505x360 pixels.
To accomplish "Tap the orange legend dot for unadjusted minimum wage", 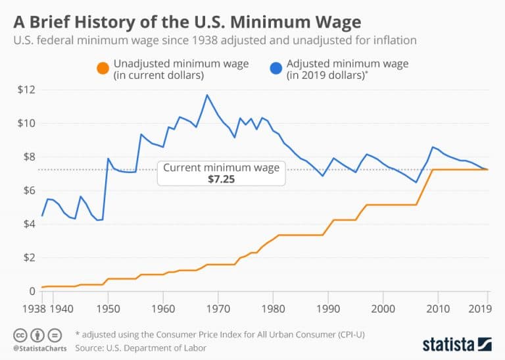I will (x=102, y=68).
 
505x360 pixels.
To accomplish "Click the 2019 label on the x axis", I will (x=483, y=308).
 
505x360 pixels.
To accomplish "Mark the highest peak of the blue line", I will (x=207, y=95).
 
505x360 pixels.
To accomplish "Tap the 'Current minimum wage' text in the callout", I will (x=221, y=168).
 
